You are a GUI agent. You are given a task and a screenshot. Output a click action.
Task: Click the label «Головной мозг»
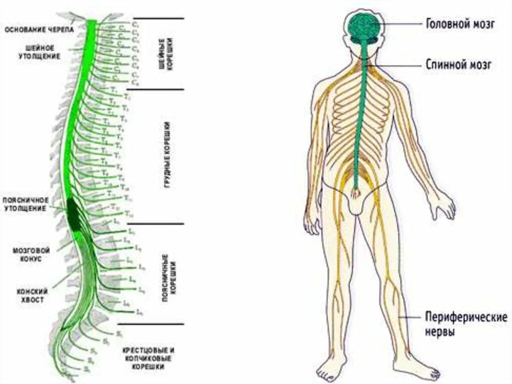click(x=460, y=24)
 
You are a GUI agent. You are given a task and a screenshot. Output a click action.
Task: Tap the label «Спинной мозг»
click(x=459, y=64)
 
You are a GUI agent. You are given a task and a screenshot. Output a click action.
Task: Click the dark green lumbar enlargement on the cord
click(x=76, y=214)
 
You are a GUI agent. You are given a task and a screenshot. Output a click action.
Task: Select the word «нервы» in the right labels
click(x=440, y=331)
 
